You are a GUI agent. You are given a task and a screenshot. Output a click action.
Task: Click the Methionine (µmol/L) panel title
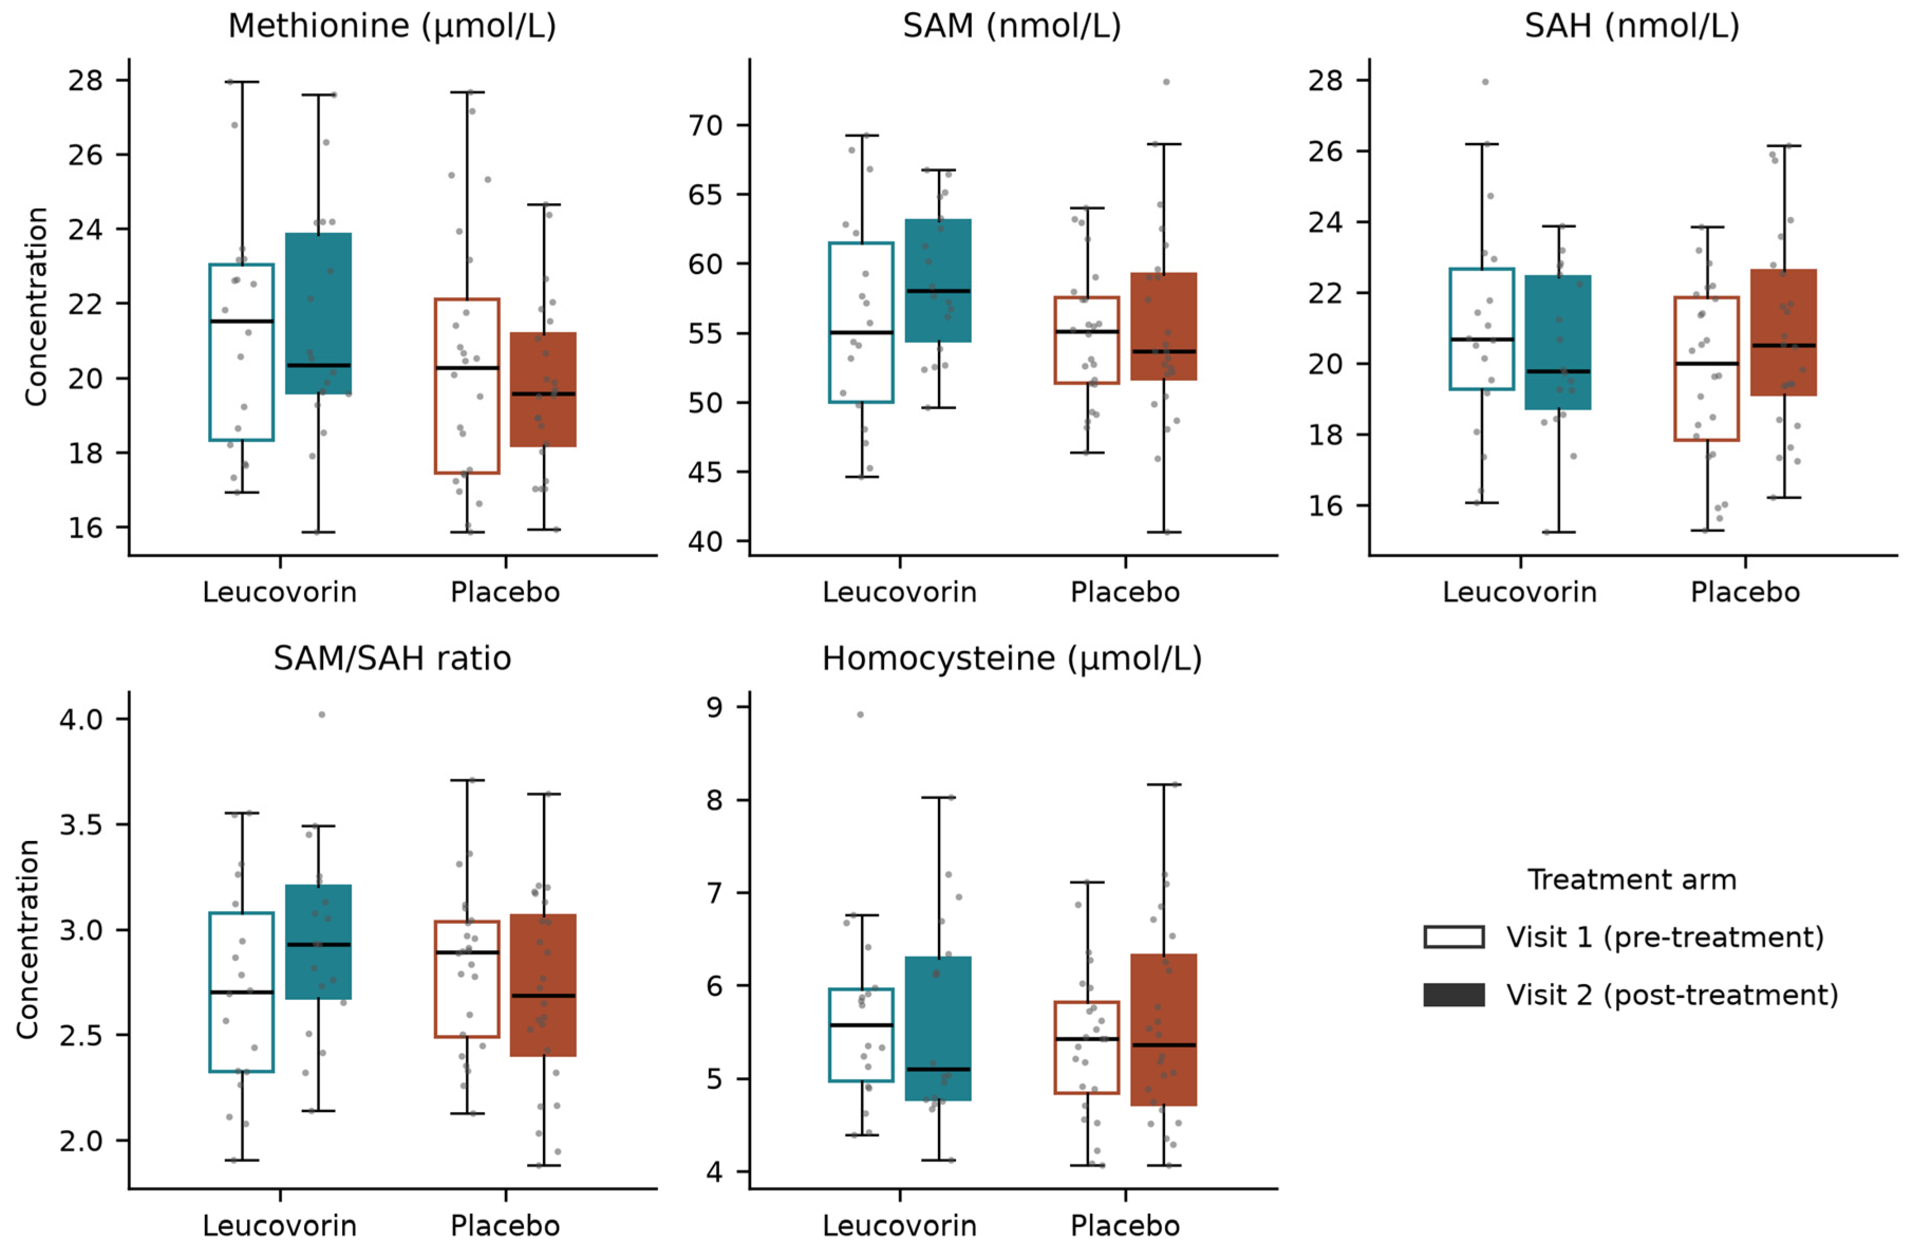(x=392, y=26)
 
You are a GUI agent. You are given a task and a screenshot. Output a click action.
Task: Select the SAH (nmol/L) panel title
(x=1632, y=26)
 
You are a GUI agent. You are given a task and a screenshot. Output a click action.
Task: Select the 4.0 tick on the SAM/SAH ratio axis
(x=81, y=718)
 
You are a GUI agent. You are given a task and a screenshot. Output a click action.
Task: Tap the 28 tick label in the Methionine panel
(x=86, y=80)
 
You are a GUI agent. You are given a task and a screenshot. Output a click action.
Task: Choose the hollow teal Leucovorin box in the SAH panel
(x=1482, y=329)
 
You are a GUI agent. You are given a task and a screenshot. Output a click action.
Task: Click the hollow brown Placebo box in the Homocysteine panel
(x=1087, y=1048)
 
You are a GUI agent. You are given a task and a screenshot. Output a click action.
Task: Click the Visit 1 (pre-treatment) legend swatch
(x=1454, y=937)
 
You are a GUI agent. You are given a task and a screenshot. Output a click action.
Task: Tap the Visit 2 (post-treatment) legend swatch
(x=1454, y=995)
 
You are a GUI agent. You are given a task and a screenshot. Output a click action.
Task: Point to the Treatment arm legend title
(x=1632, y=880)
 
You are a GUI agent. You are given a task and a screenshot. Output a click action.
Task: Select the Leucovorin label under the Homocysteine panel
(x=899, y=1227)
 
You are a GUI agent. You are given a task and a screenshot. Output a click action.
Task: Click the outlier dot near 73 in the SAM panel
(x=1166, y=82)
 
